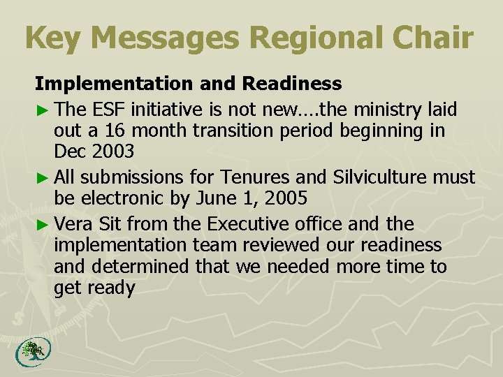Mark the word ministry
(383, 109)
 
